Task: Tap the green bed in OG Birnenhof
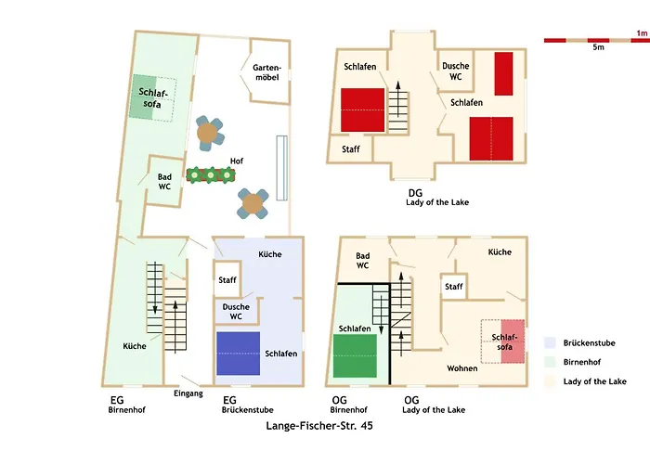pos(355,356)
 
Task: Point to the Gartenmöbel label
pos(266,71)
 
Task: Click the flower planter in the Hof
pos(209,174)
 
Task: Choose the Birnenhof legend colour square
pos(550,361)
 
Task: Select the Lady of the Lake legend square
pos(550,380)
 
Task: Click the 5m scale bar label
pos(599,46)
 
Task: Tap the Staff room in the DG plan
pos(351,149)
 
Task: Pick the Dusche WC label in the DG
pos(455,71)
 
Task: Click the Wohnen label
pos(461,368)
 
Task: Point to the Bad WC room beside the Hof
pos(164,181)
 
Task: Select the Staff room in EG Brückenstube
pos(227,279)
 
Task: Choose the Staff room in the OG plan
pos(453,287)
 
